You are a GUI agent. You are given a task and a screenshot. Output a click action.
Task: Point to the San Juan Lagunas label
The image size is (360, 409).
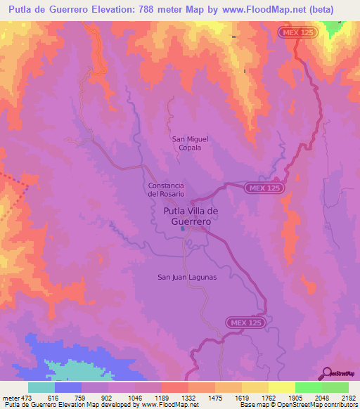(186, 277)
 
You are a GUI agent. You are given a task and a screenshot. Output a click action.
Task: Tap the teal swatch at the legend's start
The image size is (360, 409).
(41, 387)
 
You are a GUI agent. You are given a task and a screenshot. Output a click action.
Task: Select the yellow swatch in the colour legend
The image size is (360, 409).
(281, 387)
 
